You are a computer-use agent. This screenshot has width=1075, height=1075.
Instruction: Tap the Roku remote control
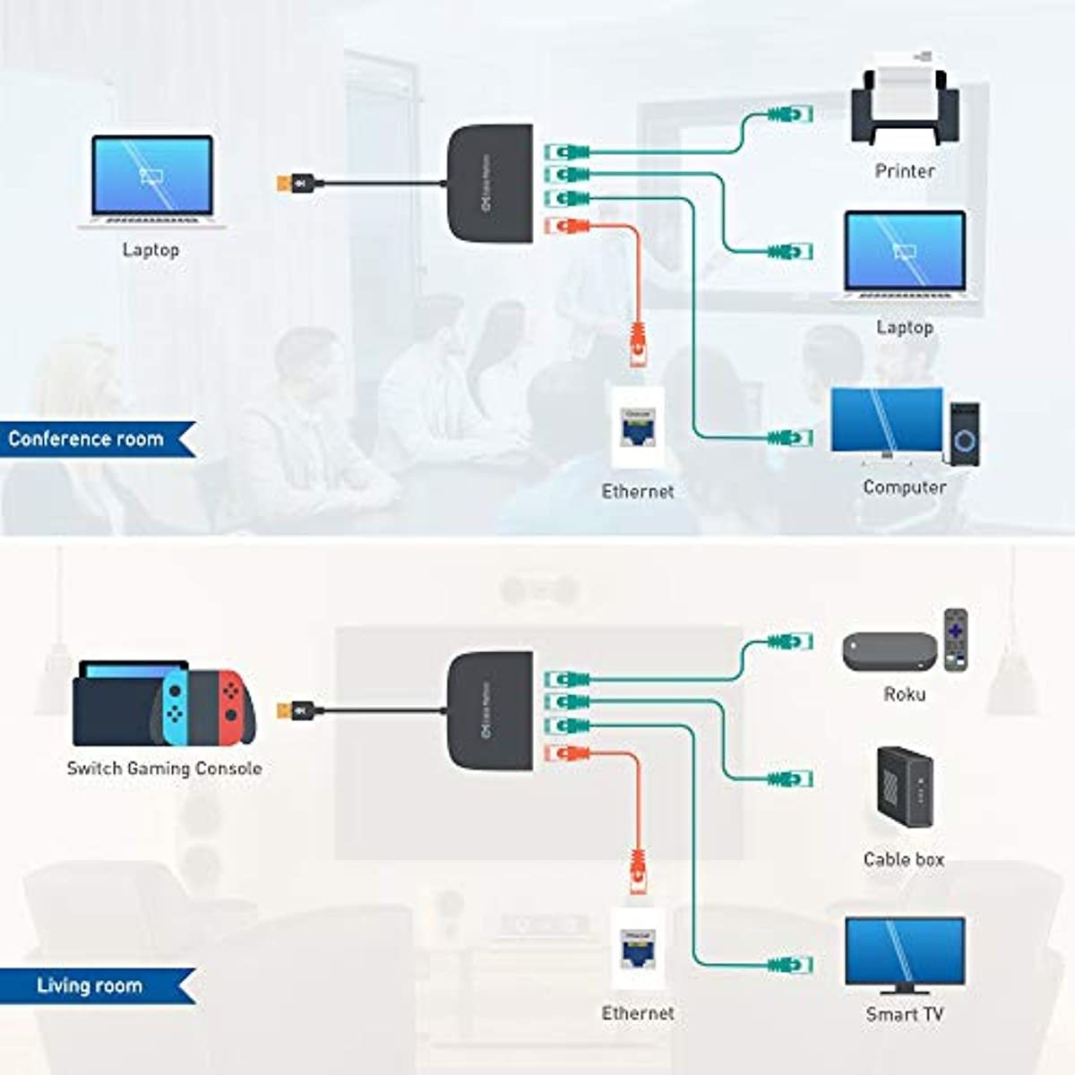[956, 640]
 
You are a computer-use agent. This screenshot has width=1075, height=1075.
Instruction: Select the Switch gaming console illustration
[163, 703]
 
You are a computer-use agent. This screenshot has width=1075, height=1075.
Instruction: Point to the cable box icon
[904, 787]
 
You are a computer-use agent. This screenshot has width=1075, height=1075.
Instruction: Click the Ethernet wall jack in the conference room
[637, 427]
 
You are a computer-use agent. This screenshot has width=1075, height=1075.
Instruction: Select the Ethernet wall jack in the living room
[637, 950]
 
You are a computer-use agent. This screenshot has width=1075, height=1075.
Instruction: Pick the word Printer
[904, 171]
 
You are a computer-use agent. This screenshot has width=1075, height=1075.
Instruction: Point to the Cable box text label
[903, 859]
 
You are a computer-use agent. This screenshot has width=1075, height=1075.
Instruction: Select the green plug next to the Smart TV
[789, 965]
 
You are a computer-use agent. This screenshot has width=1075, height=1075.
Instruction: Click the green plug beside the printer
[788, 114]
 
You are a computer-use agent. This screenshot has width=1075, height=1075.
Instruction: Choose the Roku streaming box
[889, 651]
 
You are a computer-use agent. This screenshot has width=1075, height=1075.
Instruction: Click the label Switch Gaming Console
[164, 769]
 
